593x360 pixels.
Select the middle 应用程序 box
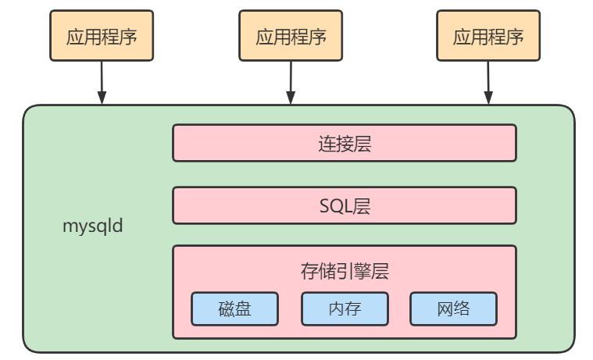[x=291, y=36]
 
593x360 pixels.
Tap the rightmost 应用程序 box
[x=488, y=36]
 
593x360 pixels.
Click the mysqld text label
[x=92, y=227]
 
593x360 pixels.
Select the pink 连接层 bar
[x=344, y=143]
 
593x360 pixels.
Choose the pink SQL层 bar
[x=344, y=205]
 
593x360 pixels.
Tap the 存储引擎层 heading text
[x=345, y=271]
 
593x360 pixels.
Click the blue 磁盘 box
[x=234, y=308]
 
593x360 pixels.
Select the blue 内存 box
[x=345, y=308]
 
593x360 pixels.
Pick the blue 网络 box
[x=453, y=308]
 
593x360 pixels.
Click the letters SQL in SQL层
[x=335, y=206]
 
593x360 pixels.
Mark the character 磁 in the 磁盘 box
[x=225, y=308]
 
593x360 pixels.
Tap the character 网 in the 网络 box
[x=444, y=308]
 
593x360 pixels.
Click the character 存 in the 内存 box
[x=354, y=308]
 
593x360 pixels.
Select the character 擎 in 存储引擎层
[x=363, y=271]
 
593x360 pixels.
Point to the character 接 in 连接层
[x=345, y=144]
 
